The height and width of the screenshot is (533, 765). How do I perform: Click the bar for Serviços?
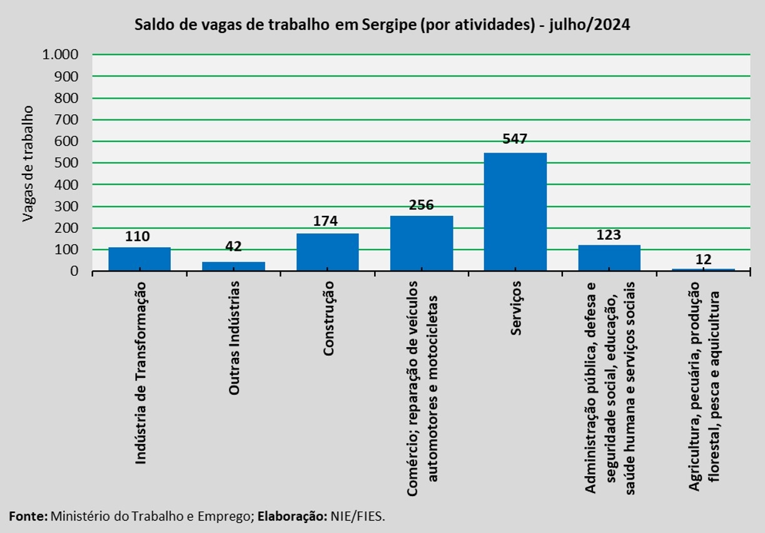tap(515, 212)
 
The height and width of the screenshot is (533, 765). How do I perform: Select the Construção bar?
tap(328, 252)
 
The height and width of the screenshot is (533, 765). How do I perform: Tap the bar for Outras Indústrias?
tap(233, 266)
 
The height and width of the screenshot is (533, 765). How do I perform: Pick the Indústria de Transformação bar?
tap(139, 260)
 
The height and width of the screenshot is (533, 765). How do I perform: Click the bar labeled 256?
tap(422, 243)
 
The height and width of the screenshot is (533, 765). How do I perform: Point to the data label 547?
tap(515, 139)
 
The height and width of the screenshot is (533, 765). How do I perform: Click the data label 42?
tap(233, 246)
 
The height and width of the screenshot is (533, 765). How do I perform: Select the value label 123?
tap(609, 235)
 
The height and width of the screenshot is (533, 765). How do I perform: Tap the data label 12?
tap(704, 260)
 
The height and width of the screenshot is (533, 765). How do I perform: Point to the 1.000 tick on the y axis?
tap(61, 54)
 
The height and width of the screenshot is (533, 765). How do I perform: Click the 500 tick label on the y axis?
tap(66, 163)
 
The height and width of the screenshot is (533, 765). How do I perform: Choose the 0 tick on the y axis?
tap(74, 272)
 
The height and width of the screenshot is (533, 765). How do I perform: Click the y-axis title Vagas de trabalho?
tap(28, 163)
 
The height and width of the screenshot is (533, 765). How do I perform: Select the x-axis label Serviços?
tap(515, 308)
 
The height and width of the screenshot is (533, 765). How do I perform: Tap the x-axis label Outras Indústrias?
tap(234, 338)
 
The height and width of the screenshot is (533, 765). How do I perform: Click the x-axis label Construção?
tap(328, 318)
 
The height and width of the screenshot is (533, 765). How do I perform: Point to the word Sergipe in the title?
tap(389, 25)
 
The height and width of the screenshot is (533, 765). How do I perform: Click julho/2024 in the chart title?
tap(589, 25)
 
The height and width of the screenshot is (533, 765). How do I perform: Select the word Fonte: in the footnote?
tap(28, 516)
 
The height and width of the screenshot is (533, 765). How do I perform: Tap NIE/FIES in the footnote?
tap(358, 516)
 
